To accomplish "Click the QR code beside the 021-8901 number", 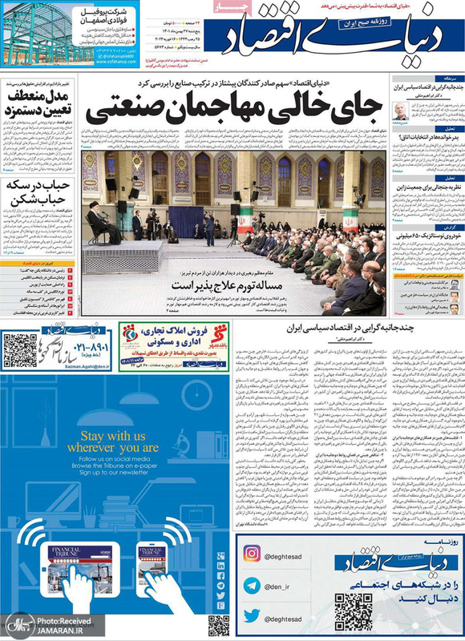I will [x=20, y=349].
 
